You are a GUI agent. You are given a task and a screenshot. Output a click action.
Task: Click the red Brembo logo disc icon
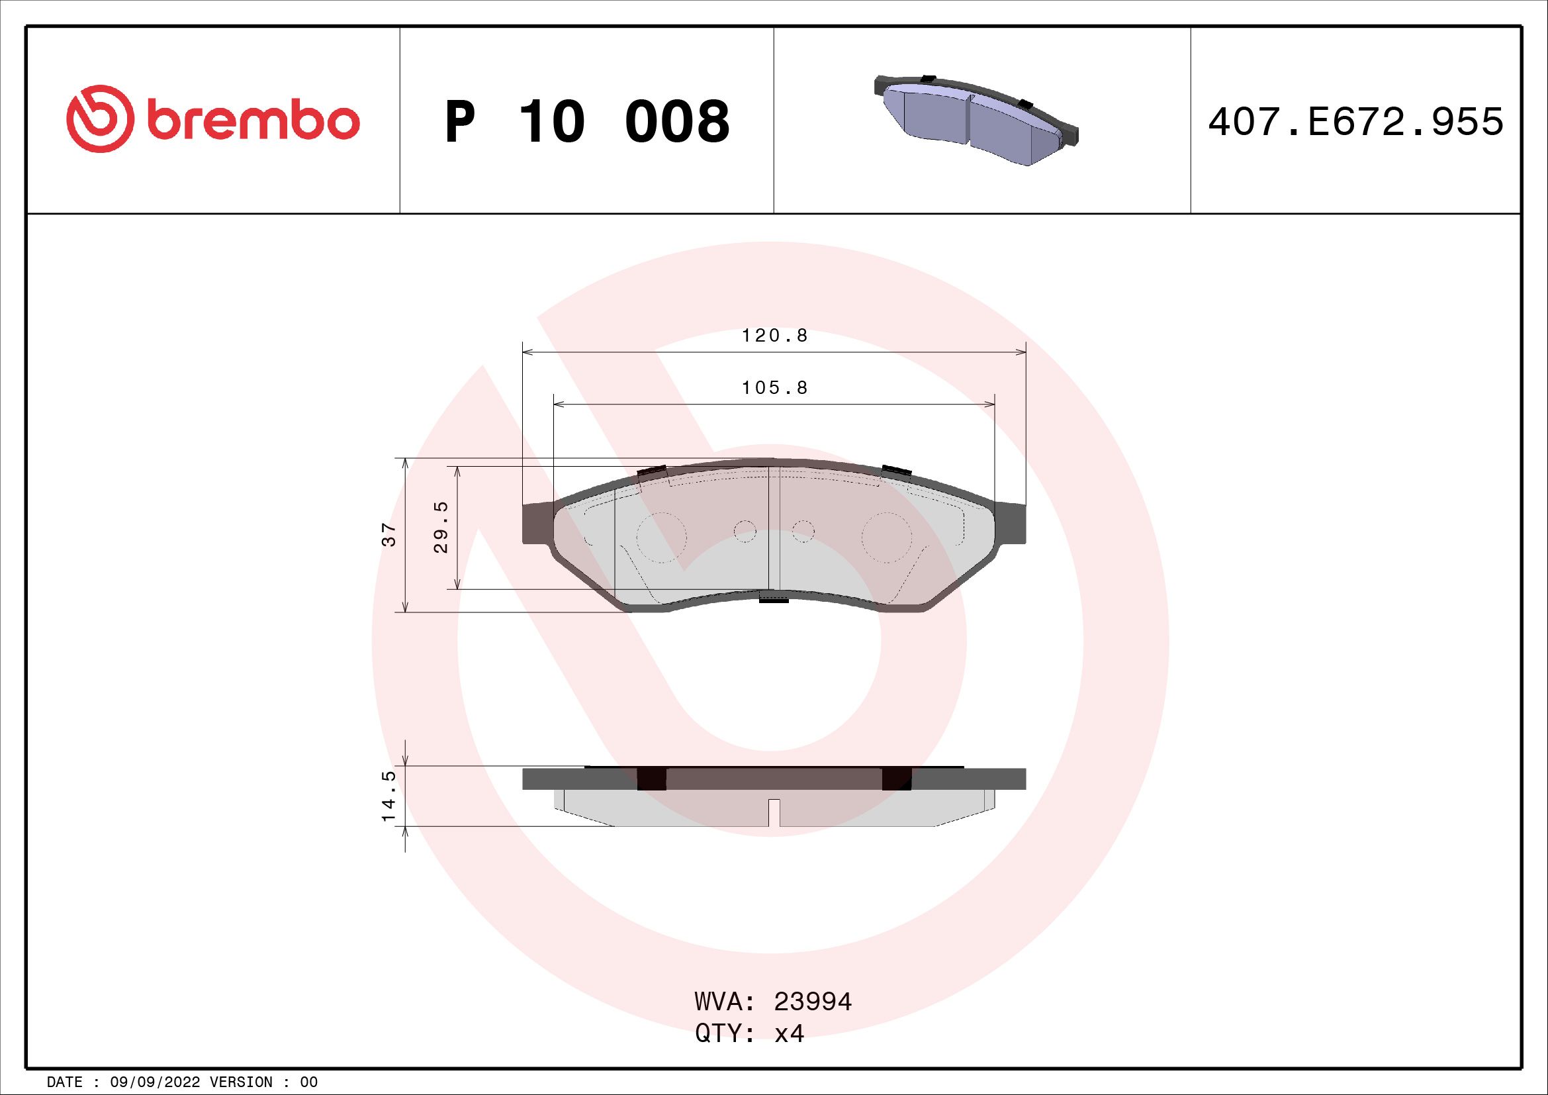[97, 119]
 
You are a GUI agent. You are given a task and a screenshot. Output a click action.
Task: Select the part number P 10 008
[587, 122]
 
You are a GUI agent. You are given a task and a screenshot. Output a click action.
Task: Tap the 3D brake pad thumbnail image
[976, 119]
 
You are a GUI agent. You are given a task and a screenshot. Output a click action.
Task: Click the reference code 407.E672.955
[1356, 122]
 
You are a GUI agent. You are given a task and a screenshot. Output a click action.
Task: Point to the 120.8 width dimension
[775, 335]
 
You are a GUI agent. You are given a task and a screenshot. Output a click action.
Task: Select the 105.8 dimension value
[775, 388]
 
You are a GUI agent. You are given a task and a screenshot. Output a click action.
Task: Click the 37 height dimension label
[389, 534]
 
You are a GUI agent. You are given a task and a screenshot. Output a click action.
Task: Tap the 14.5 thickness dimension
[389, 796]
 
